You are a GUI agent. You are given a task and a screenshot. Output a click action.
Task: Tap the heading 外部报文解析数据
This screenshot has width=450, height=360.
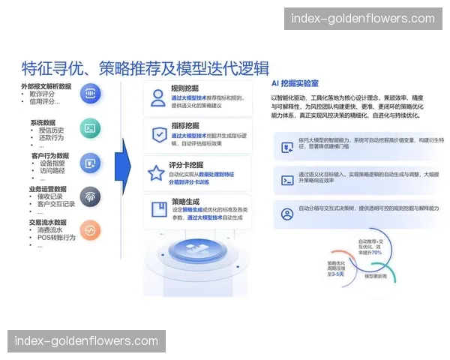(x=46, y=86)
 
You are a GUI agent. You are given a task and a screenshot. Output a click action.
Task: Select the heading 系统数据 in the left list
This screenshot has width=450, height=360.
(x=43, y=122)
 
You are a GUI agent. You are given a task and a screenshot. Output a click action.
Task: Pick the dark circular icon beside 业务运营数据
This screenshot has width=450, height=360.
(x=89, y=196)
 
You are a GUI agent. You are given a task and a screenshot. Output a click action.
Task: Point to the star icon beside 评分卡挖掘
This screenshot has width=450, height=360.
(x=156, y=173)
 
